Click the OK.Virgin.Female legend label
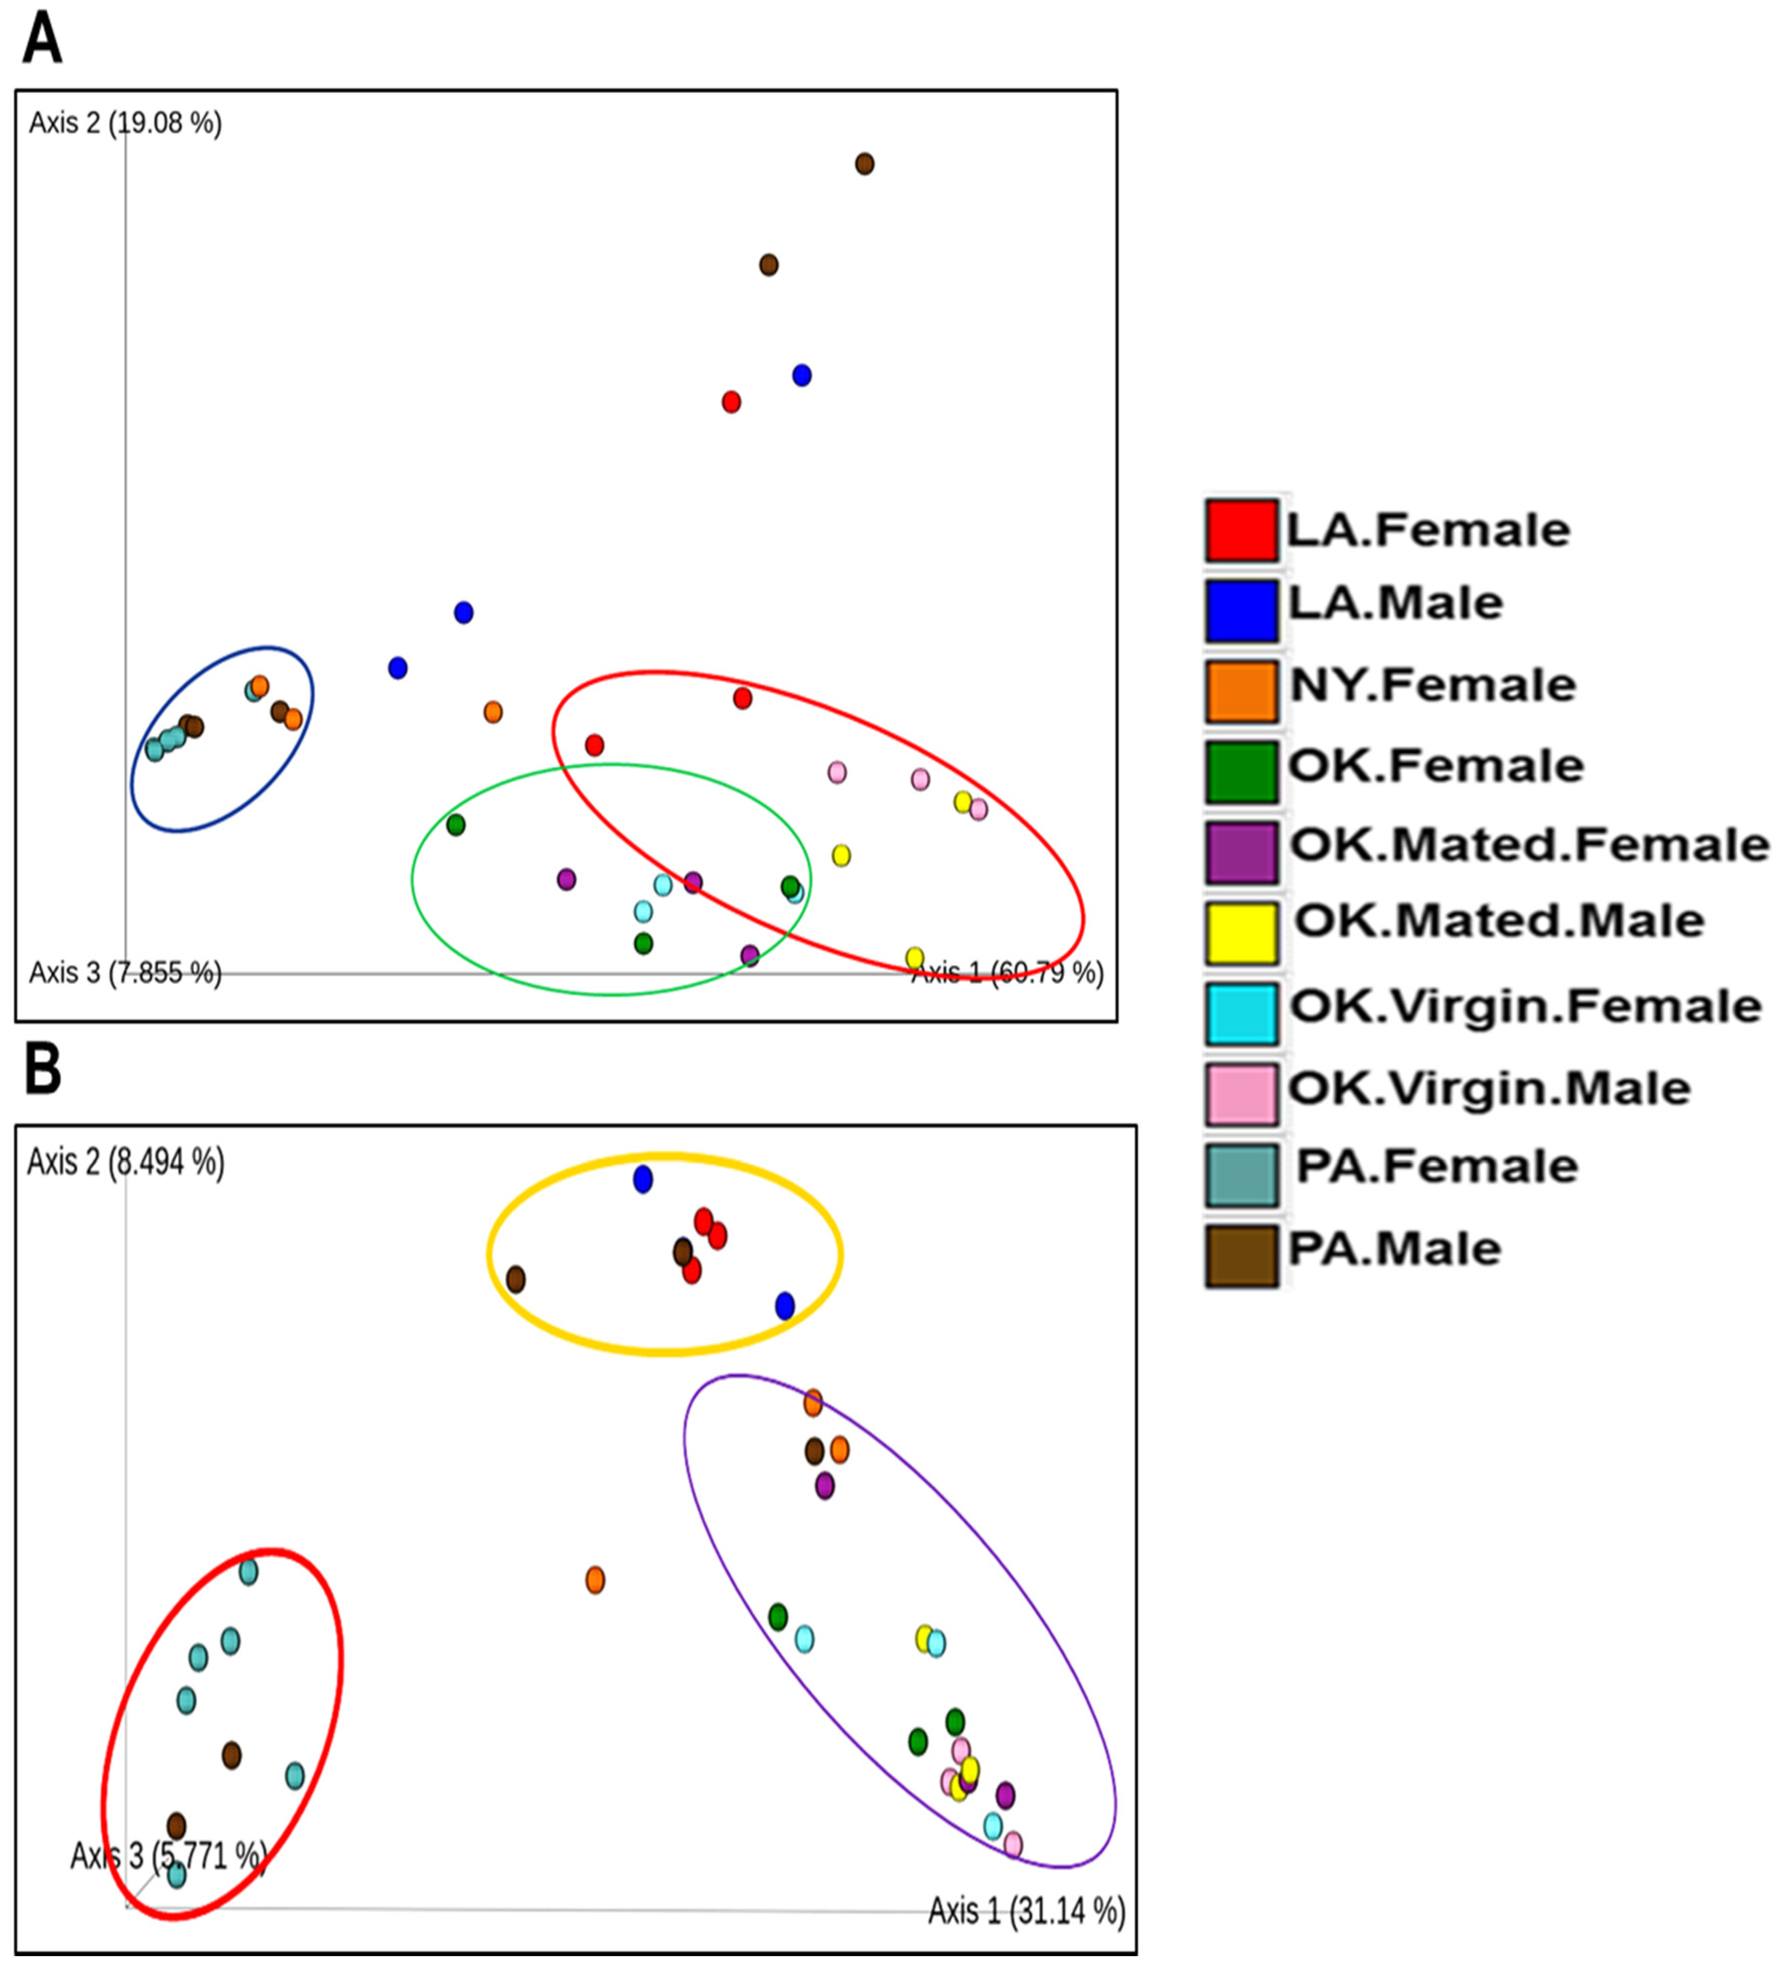click(x=1525, y=1006)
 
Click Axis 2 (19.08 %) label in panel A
click(x=125, y=123)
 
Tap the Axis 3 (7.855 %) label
click(x=125, y=973)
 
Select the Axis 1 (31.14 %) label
click(x=1026, y=1910)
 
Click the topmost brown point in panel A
click(x=864, y=164)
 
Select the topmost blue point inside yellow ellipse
click(x=642, y=1180)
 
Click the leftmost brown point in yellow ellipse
click(x=515, y=1279)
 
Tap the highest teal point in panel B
click(x=248, y=1572)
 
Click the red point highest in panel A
click(x=731, y=402)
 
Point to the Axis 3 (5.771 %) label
click(x=168, y=1856)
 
